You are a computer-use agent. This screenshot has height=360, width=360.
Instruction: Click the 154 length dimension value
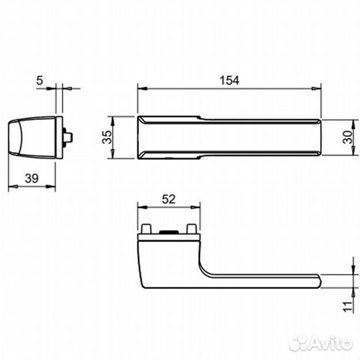229,79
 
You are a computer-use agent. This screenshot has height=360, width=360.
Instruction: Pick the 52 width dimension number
168,198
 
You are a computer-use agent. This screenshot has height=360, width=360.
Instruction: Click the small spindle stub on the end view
67,137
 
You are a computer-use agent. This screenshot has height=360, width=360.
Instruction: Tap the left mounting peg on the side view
146,229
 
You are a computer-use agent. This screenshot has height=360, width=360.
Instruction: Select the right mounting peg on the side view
192,229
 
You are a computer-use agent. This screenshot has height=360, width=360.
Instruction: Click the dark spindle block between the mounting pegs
169,231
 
